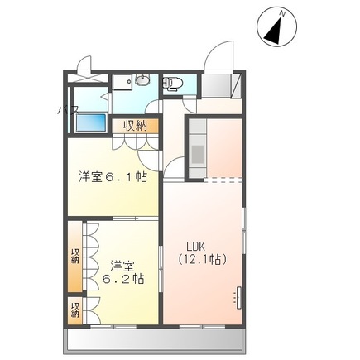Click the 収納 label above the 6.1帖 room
(x=136, y=126)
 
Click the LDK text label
(x=194, y=246)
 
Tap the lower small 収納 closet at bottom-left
(x=75, y=310)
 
